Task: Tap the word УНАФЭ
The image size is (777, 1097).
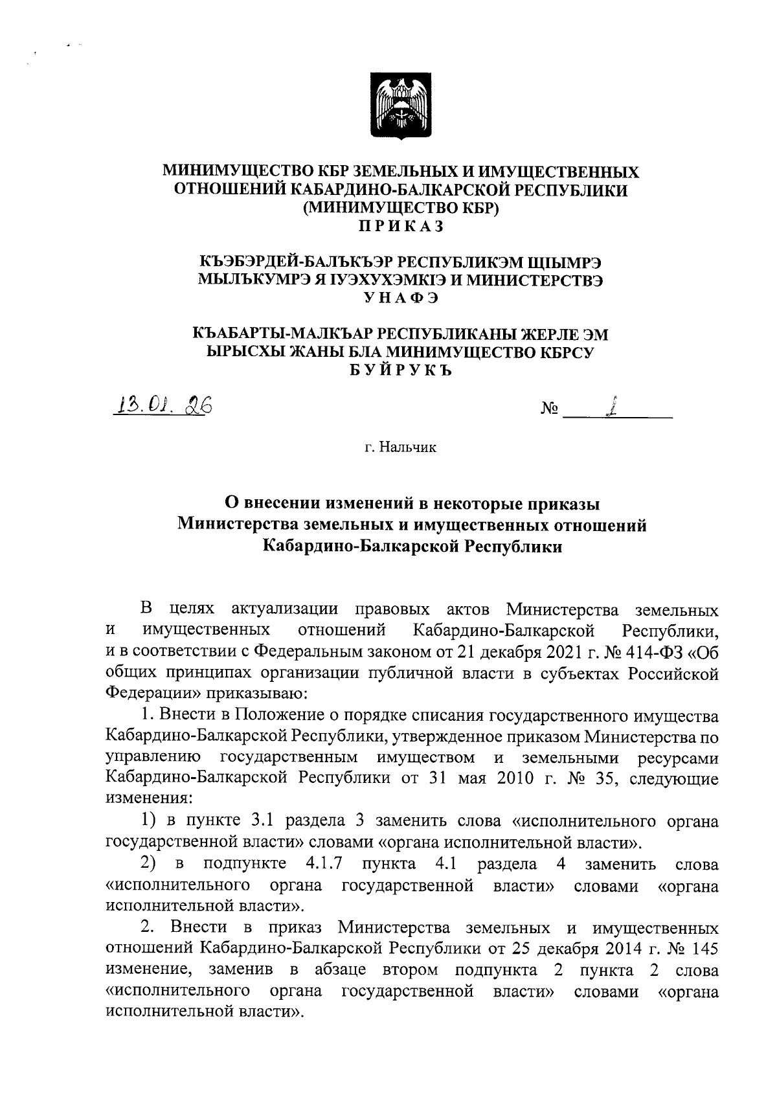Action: click(400, 297)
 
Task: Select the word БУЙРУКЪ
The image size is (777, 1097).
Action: click(400, 370)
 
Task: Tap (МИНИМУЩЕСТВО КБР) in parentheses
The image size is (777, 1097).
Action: click(400, 208)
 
